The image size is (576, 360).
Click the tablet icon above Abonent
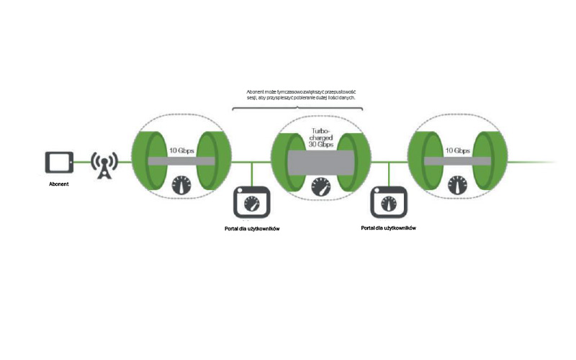tap(58, 162)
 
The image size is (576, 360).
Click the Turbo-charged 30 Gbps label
tap(320, 138)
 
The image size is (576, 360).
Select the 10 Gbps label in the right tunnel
tap(457, 150)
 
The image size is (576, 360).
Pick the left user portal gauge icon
tap(251, 203)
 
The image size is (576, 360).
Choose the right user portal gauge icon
tap(389, 203)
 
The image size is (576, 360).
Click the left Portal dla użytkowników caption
tap(252, 228)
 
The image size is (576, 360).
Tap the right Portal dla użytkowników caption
tap(390, 228)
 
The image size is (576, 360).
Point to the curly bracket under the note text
tap(297, 106)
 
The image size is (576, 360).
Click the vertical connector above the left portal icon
tap(251, 174)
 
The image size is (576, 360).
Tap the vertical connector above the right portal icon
tap(389, 174)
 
